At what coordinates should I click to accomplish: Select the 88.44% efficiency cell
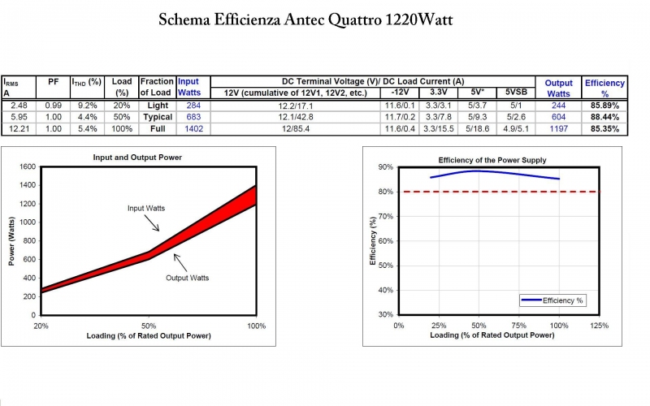click(604, 118)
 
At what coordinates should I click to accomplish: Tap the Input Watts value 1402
click(193, 129)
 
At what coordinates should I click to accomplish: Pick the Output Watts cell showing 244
click(558, 106)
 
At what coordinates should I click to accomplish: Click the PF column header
click(53, 82)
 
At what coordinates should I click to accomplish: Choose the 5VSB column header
click(516, 93)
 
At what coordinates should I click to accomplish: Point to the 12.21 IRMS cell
click(18, 129)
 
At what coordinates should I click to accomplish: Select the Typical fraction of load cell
click(157, 118)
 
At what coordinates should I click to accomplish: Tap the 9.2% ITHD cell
click(86, 106)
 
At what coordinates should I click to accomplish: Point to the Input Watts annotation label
click(146, 209)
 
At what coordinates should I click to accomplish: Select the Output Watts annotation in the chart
click(187, 278)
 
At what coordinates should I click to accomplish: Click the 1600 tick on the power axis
click(27, 166)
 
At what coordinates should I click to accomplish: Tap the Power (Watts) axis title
click(11, 240)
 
